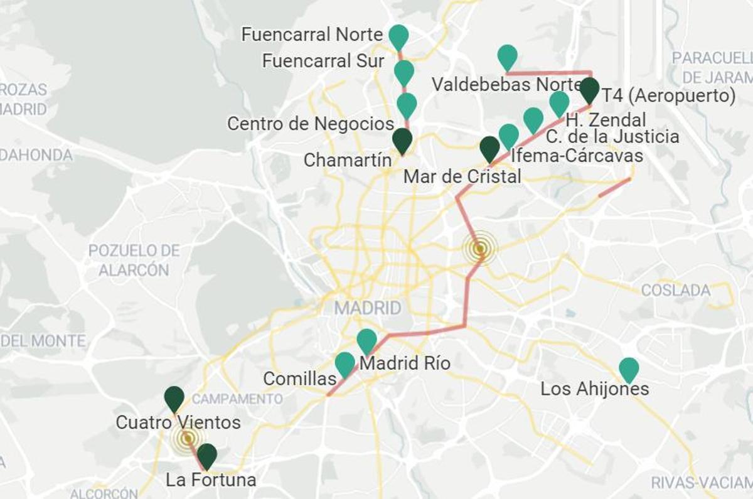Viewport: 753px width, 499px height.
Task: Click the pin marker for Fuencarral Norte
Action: tap(398, 36)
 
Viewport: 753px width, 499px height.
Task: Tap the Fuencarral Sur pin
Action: tap(404, 72)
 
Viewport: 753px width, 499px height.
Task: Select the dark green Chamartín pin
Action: tap(402, 140)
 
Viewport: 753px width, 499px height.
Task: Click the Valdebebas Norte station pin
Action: tap(507, 56)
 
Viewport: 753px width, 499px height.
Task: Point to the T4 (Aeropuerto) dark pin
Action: tap(589, 89)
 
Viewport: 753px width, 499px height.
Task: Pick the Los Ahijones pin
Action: tap(628, 369)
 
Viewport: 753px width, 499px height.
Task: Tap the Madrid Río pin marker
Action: tap(366, 340)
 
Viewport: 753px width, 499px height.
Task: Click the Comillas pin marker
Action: tap(344, 363)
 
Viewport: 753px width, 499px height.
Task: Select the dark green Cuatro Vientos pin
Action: tap(174, 398)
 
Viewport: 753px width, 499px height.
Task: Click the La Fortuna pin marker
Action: tap(206, 455)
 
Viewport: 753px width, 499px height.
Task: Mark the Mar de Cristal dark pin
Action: tap(489, 148)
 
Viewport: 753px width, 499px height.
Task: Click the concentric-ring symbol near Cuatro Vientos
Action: tap(186, 438)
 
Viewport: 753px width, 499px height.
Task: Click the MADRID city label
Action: tap(367, 308)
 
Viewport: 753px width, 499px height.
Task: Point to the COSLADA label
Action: tap(675, 291)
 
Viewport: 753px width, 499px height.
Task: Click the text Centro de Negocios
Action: tap(311, 124)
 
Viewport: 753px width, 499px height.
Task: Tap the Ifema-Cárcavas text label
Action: tap(577, 155)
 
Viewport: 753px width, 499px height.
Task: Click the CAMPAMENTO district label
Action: tap(237, 399)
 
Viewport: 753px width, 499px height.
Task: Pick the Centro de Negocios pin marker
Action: tap(407, 104)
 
